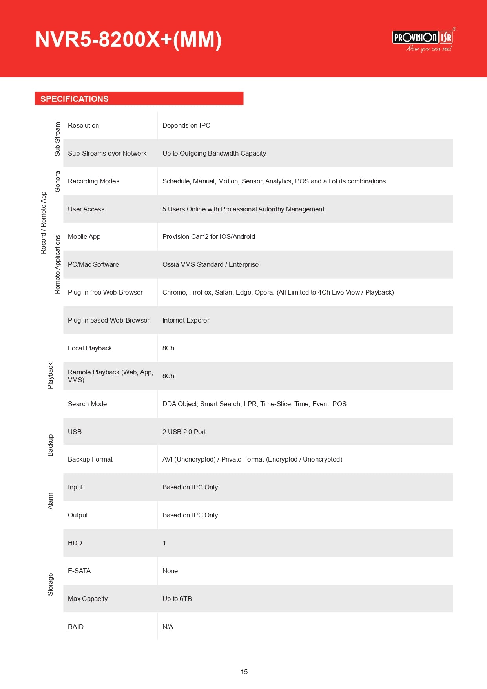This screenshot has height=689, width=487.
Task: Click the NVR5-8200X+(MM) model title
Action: [x=128, y=40]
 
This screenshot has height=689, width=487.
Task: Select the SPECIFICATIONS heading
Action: [x=75, y=99]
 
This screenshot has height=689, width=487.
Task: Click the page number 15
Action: [x=244, y=672]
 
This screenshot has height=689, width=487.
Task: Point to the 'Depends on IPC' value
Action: [x=186, y=126]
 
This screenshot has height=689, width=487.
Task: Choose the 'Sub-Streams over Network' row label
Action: [x=107, y=154]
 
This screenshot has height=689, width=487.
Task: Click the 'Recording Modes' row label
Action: [x=93, y=181]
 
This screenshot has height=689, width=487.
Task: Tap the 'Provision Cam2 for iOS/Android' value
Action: [x=209, y=237]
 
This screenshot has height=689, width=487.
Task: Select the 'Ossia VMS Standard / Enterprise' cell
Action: [x=210, y=265]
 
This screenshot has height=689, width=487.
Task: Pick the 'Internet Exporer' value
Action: [x=186, y=321]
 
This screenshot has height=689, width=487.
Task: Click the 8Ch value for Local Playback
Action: [x=168, y=348]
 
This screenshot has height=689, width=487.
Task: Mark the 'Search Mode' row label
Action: [x=87, y=404]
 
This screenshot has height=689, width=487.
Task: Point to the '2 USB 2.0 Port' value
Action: [x=184, y=432]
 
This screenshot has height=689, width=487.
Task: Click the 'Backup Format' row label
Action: [x=90, y=460]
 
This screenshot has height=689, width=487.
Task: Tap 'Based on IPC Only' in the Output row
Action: [x=190, y=515]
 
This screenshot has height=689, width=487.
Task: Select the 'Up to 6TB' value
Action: [x=177, y=599]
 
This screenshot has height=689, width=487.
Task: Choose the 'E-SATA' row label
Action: [x=79, y=571]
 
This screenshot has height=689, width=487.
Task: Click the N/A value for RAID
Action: [x=168, y=627]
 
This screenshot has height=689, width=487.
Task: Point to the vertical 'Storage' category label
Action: [x=50, y=585]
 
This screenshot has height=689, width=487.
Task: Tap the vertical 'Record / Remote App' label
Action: [x=44, y=223]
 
